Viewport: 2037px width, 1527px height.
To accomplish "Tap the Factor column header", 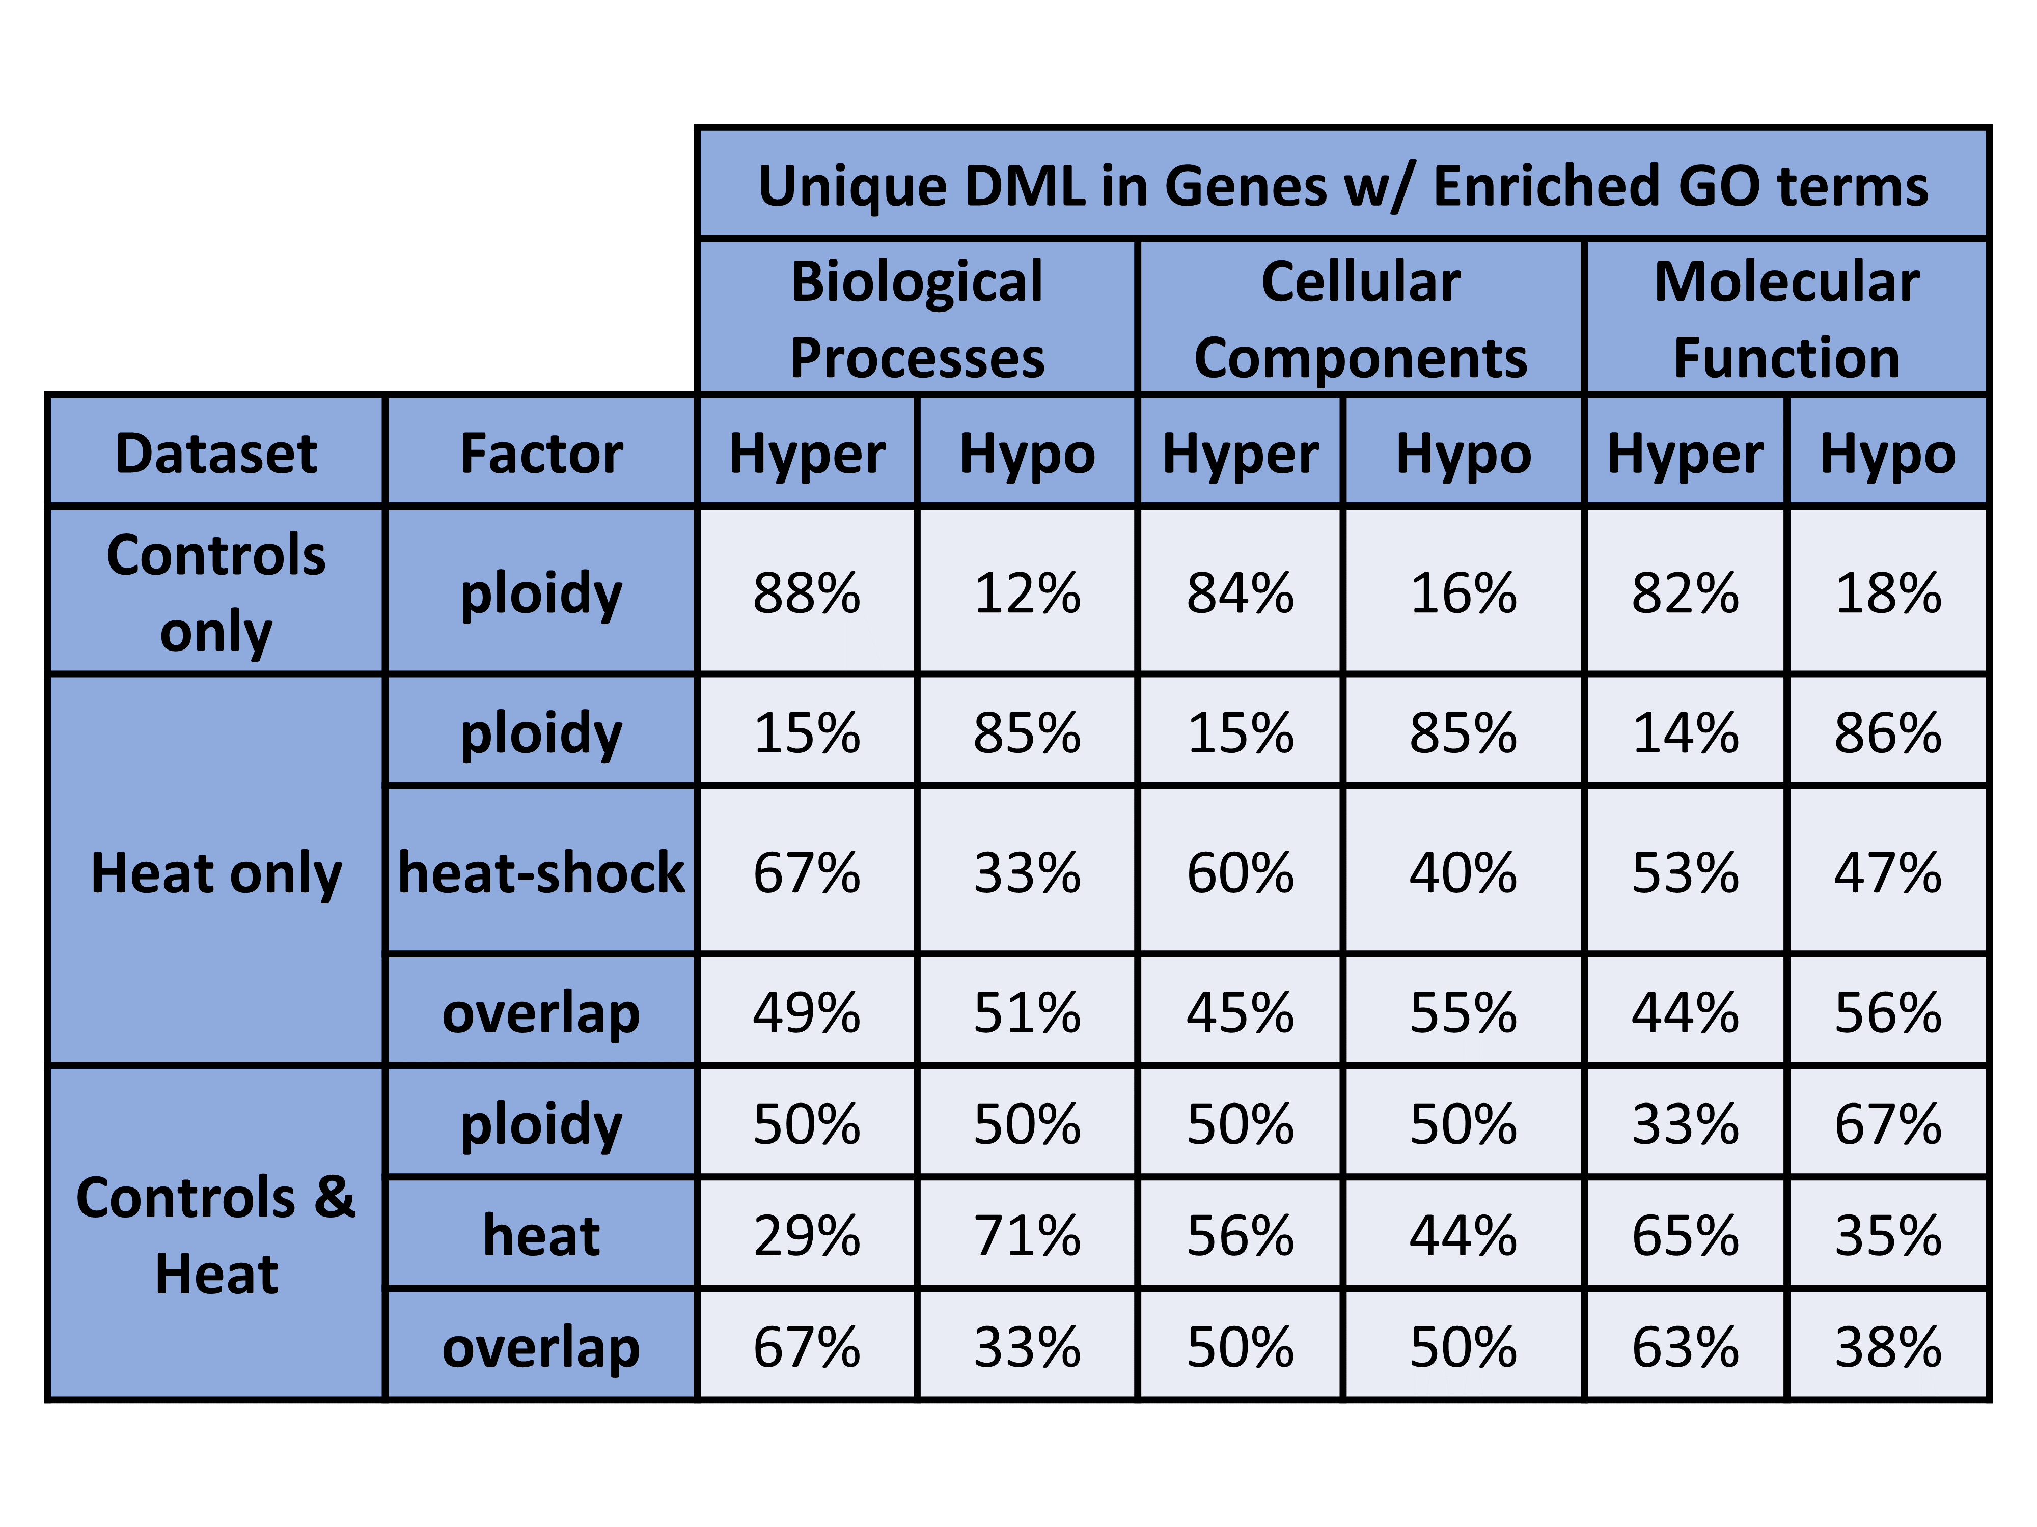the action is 541,453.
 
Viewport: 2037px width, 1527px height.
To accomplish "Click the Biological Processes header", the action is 917,319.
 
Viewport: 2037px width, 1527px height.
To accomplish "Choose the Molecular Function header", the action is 1786,319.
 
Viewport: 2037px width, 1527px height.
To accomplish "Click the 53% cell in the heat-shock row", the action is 1685,872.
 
